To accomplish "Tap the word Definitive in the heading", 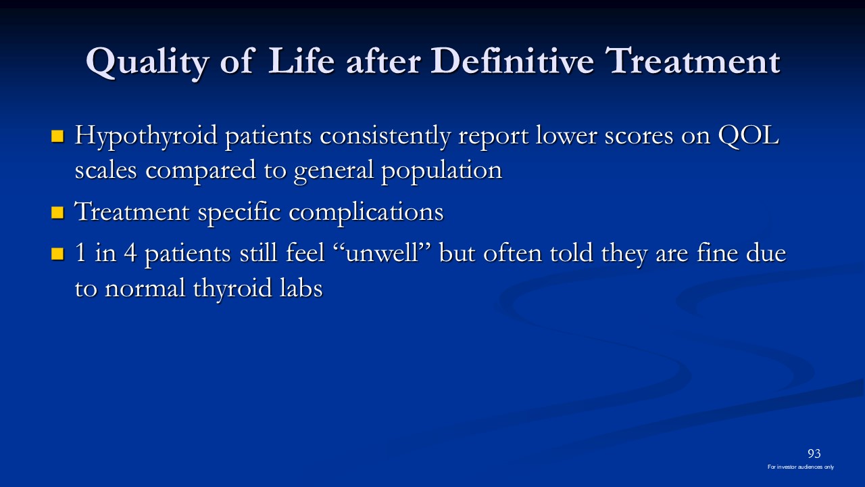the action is point(512,60).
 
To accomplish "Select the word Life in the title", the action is point(301,60).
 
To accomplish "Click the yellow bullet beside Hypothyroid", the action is point(57,136).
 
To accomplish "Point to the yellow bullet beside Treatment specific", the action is point(57,212).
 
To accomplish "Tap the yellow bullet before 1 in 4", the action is point(57,254).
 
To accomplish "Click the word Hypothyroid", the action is point(146,138).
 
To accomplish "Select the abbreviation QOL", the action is point(748,136).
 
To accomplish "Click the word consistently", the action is point(385,138).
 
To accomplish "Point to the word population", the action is point(442,172).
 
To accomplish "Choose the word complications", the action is point(366,213).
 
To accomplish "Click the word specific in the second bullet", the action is point(239,213).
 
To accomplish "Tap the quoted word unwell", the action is point(382,253).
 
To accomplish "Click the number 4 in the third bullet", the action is point(130,253).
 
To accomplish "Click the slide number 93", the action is point(814,453).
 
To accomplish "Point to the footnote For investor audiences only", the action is point(801,467).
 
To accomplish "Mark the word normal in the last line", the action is point(145,288).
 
